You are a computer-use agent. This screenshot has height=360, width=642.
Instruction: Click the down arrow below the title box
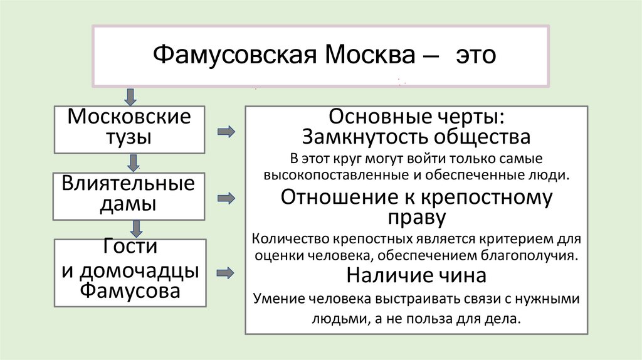click(130, 97)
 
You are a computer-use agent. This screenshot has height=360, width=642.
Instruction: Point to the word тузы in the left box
click(129, 137)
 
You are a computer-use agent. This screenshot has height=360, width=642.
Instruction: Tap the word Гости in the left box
click(129, 246)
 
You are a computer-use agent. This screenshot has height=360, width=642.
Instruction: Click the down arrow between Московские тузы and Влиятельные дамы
click(132, 163)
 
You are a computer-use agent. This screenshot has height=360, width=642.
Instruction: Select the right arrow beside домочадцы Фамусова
click(226, 273)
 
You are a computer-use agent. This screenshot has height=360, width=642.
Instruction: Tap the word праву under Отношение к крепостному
click(417, 218)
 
